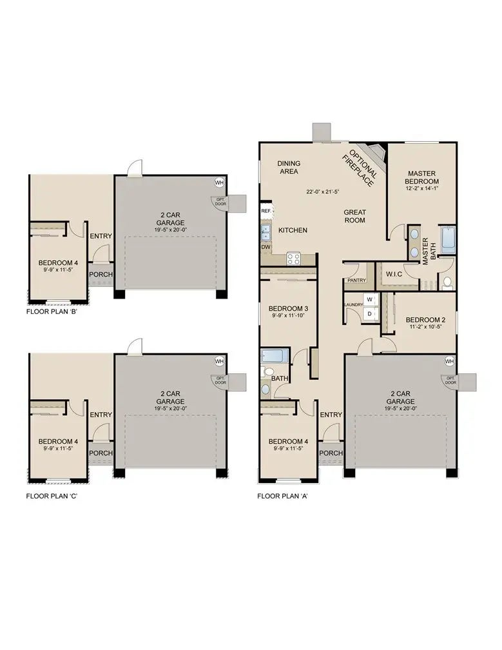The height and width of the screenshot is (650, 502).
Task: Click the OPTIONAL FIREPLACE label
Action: click(x=362, y=168)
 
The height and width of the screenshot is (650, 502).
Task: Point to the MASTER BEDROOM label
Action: click(x=422, y=177)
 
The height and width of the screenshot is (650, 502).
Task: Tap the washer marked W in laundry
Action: click(x=371, y=300)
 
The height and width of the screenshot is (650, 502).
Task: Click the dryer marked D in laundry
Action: click(x=371, y=313)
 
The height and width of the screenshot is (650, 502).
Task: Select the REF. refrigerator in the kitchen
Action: click(x=265, y=211)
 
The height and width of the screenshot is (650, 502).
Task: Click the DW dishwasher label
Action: click(x=265, y=247)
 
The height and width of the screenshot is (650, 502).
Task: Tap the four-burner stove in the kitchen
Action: click(x=293, y=258)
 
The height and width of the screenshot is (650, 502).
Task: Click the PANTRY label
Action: click(x=356, y=281)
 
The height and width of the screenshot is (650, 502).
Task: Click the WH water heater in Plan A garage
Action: click(x=449, y=361)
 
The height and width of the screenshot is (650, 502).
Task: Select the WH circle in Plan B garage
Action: click(x=219, y=182)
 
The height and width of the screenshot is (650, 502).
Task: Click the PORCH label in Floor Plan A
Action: click(x=331, y=453)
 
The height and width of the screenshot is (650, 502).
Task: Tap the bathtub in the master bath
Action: click(x=447, y=241)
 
